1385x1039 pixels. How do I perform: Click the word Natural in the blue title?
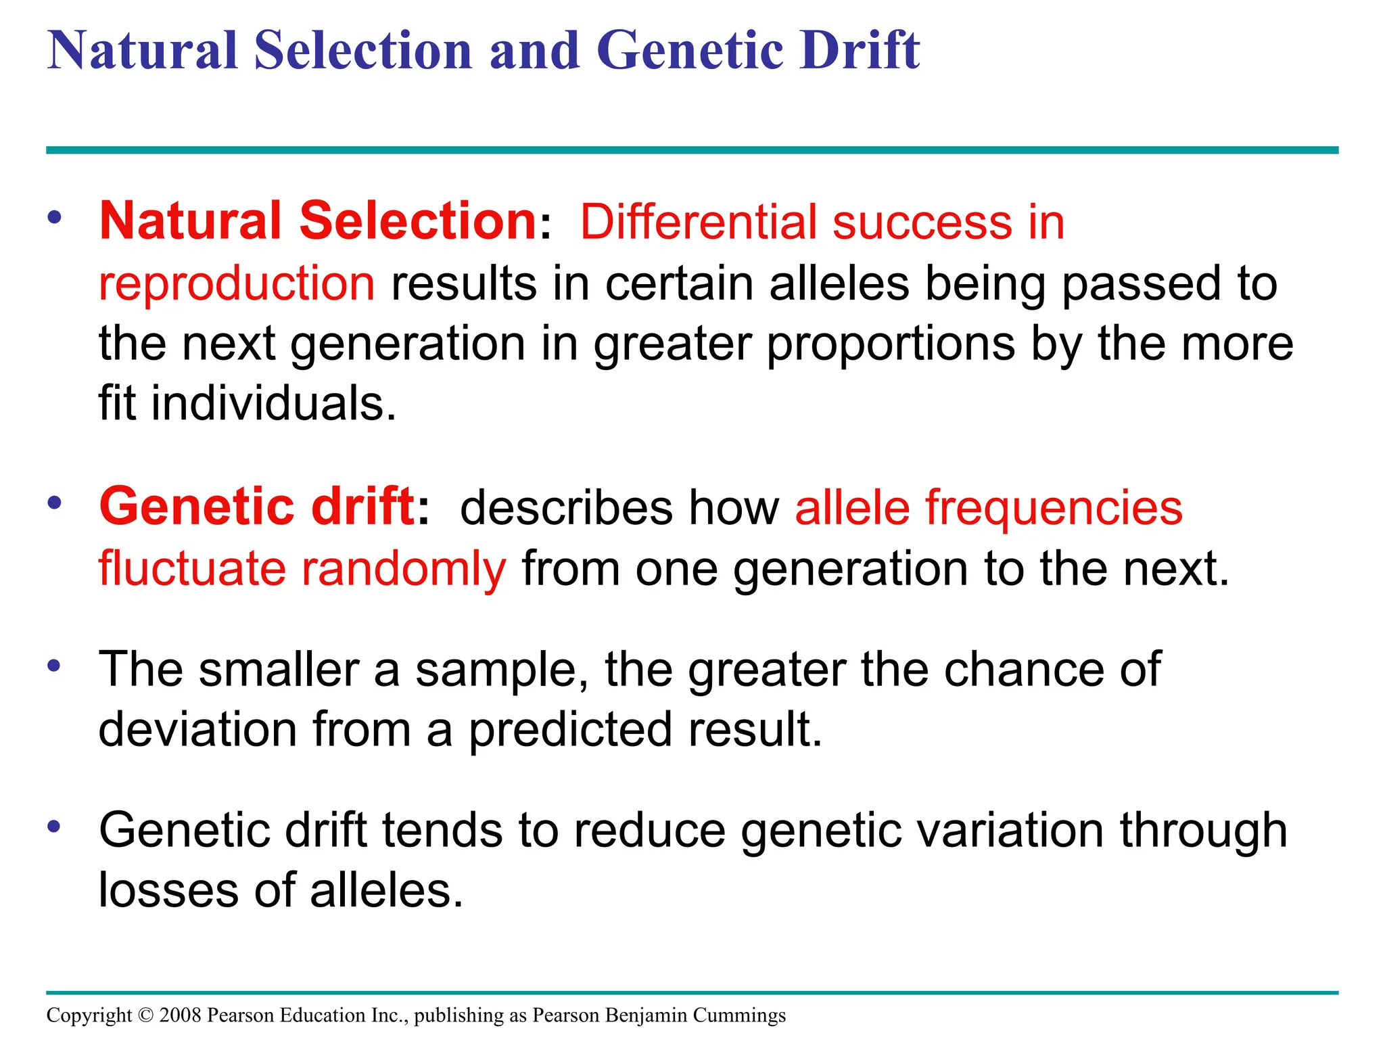pyautogui.click(x=142, y=51)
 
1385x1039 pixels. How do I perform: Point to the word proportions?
pyautogui.click(x=891, y=344)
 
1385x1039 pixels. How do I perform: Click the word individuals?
pyautogui.click(x=273, y=404)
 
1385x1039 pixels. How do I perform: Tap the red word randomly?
pyautogui.click(x=403, y=568)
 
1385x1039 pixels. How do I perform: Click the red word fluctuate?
pyautogui.click(x=192, y=568)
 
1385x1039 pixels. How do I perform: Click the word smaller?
pyautogui.click(x=279, y=670)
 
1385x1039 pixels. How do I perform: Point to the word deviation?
pyautogui.click(x=197, y=730)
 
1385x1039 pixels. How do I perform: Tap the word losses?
pyautogui.click(x=168, y=890)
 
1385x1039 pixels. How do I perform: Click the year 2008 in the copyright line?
pyautogui.click(x=181, y=1015)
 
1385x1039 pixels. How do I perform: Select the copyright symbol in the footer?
pyautogui.click(x=145, y=1015)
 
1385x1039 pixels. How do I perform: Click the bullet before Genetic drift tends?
pyautogui.click(x=54, y=827)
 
